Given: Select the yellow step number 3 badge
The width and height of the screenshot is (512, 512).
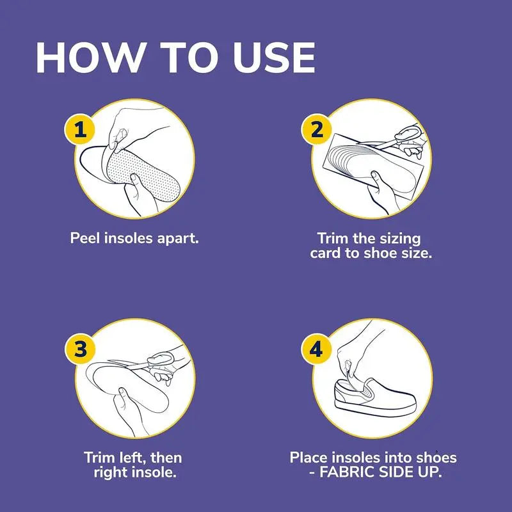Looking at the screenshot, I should pos(79,350).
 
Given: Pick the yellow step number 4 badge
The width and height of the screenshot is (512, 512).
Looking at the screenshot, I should pos(316,350).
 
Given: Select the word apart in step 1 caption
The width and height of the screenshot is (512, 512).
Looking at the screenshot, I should pos(179,238).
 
